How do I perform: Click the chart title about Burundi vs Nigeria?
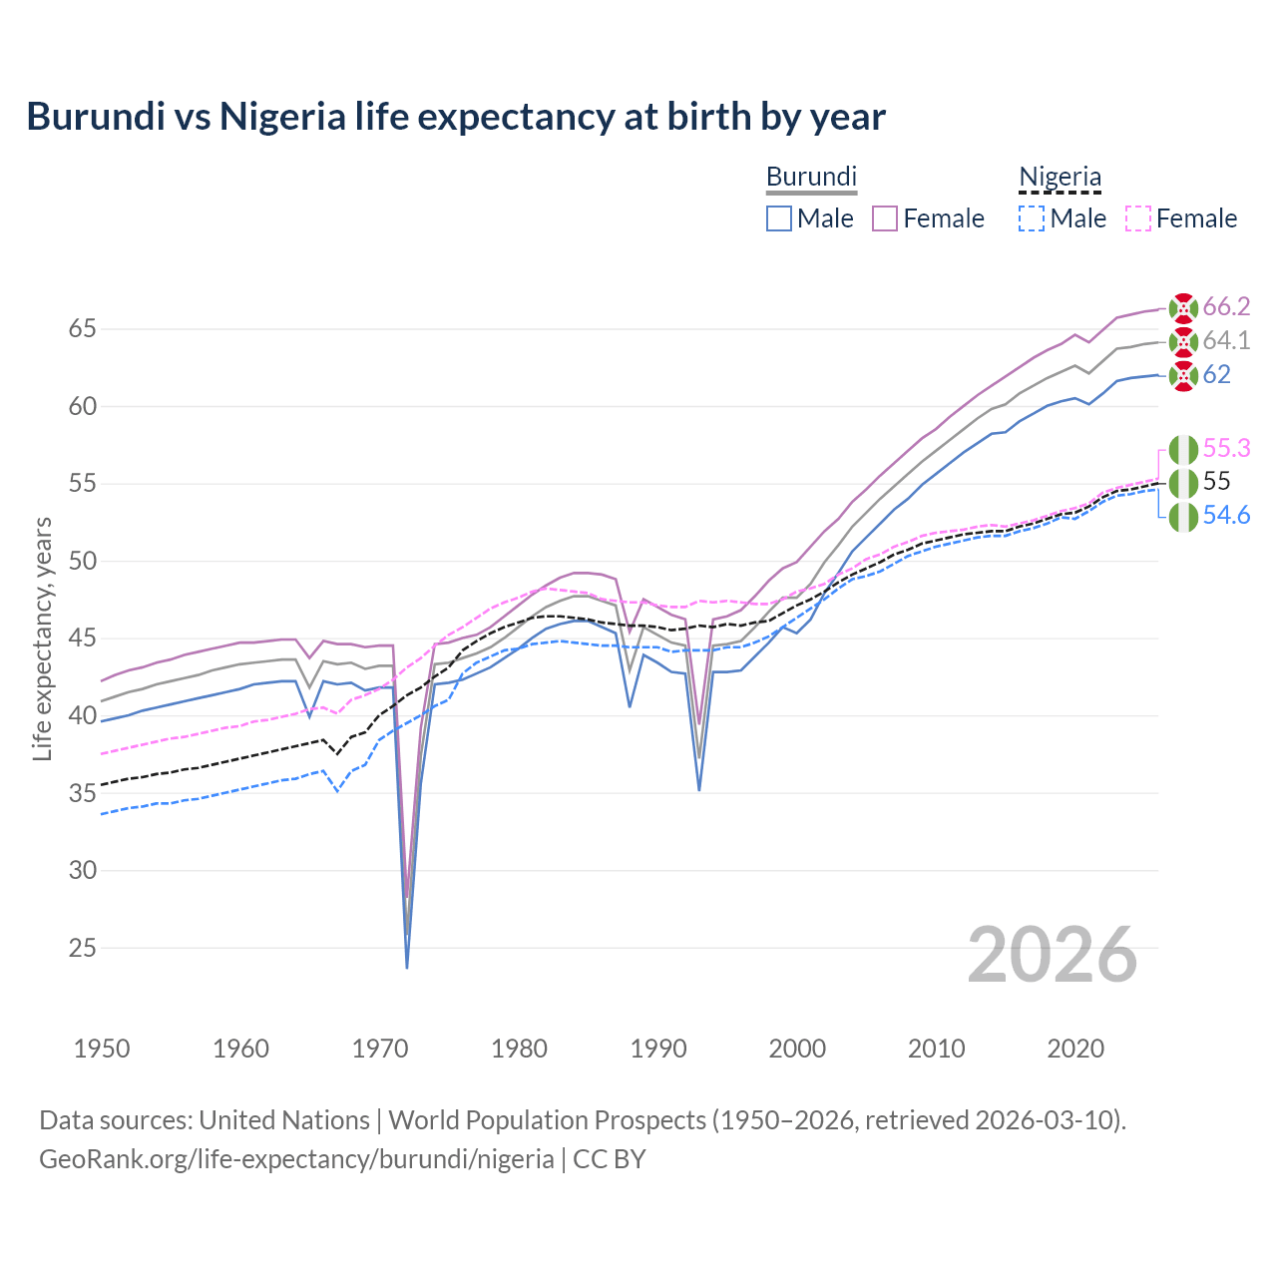456,117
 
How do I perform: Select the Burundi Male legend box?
779,218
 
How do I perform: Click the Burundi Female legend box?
885,218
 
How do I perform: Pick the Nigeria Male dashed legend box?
1032,218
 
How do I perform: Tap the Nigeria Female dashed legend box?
1138,218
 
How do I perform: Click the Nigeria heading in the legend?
1060,177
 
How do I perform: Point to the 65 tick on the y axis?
83,328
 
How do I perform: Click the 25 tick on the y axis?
83,948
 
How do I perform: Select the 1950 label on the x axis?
102,1049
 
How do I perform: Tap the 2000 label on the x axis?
797,1049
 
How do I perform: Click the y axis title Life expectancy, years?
42,638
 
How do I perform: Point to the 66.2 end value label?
1226,306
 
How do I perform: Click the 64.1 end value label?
1226,340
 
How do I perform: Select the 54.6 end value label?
1226,515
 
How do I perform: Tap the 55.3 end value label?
1226,448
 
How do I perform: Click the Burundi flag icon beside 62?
1183,376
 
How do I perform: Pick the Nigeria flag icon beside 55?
1183,483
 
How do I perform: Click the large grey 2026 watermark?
1053,955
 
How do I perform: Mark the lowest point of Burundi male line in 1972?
407,967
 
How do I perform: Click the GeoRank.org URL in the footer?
296,1159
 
